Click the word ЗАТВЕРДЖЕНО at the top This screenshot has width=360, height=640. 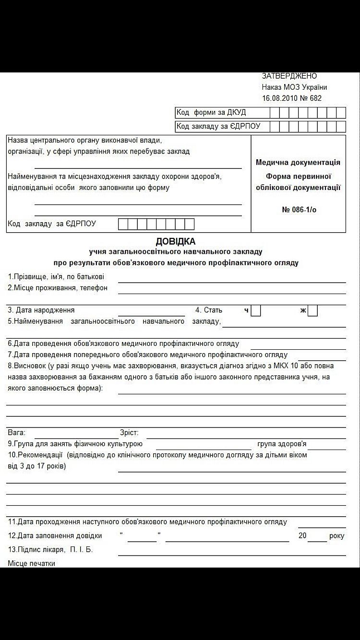[289, 76]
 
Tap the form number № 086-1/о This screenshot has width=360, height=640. [299, 210]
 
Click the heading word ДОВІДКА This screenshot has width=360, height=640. [176, 242]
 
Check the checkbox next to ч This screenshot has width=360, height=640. [256, 310]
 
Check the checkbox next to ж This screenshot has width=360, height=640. [313, 310]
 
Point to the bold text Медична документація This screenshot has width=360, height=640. [298, 163]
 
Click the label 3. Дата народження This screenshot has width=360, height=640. [41, 310]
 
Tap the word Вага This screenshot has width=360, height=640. [16, 433]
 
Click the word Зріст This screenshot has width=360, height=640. [129, 433]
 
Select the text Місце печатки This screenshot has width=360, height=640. [32, 563]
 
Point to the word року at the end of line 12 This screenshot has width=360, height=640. [337, 536]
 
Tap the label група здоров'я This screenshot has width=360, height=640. [282, 444]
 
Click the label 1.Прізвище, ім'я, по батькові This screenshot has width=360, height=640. [56, 277]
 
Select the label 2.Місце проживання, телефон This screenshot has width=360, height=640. [58, 288]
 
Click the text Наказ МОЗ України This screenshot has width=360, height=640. [294, 87]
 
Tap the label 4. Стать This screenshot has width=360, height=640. [209, 310]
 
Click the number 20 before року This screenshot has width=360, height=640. [302, 536]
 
